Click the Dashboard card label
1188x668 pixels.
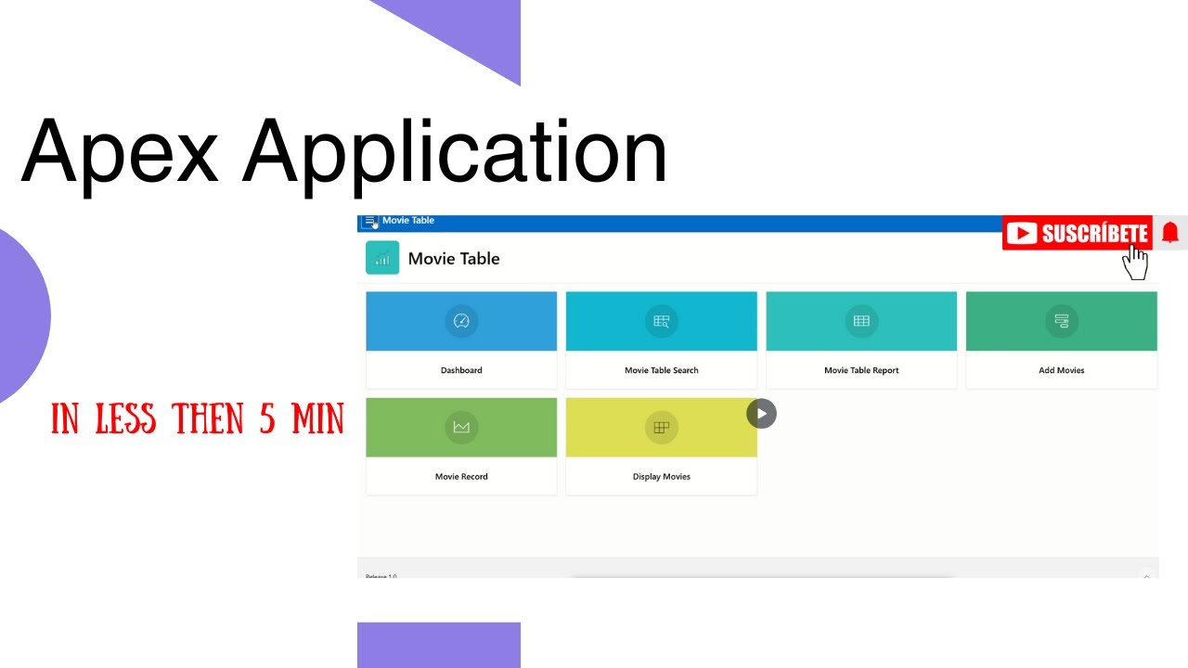(x=461, y=370)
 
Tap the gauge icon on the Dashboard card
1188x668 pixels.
(x=461, y=321)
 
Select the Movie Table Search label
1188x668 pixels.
(x=661, y=370)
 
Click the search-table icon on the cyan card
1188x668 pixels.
(x=661, y=321)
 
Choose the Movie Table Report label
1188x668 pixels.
(x=861, y=370)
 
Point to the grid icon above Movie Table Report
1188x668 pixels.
(x=861, y=321)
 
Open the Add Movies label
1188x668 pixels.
(x=1061, y=370)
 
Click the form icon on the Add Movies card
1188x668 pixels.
(x=1061, y=321)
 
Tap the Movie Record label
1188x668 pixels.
(x=461, y=477)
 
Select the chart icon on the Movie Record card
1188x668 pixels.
(x=461, y=427)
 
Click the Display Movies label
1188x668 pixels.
(x=661, y=477)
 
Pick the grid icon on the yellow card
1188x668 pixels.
(x=661, y=427)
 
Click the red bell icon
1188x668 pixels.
(x=1170, y=233)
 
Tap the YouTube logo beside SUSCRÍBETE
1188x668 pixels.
(x=1022, y=234)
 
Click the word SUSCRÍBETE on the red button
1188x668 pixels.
(x=1094, y=234)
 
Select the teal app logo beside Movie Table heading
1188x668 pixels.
(x=382, y=258)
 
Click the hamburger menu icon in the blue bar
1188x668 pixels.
(x=369, y=221)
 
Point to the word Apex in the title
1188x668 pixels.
(x=119, y=151)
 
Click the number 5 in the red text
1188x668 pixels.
(x=267, y=420)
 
